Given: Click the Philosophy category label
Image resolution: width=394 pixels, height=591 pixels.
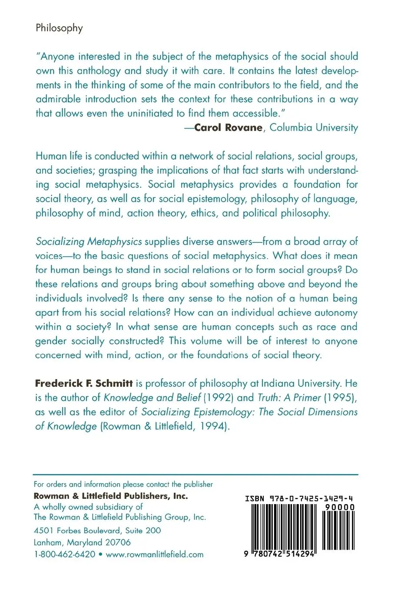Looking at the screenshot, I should click(x=59, y=28).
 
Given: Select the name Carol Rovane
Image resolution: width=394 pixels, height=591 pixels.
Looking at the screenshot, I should click(x=228, y=127).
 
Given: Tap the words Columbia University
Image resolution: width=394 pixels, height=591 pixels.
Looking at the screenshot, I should click(x=314, y=127).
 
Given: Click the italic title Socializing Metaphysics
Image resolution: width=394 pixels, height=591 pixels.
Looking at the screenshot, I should click(x=89, y=241).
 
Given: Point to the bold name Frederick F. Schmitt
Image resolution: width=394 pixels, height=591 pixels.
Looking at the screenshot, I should click(x=83, y=383).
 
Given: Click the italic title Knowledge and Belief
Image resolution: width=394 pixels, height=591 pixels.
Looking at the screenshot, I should click(x=152, y=398).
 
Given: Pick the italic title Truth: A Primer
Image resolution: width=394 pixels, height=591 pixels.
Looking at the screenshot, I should click(x=289, y=398).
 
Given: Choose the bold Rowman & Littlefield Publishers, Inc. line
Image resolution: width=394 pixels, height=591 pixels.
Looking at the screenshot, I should click(x=111, y=496).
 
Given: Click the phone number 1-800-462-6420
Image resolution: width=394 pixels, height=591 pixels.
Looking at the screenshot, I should click(x=65, y=554).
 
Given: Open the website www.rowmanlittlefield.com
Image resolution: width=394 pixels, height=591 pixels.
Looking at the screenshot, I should click(x=155, y=554).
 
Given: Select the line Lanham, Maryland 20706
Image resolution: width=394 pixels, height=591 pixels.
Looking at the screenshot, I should click(x=82, y=542).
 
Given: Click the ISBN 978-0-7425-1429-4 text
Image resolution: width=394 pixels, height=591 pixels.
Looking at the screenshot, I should click(x=299, y=498).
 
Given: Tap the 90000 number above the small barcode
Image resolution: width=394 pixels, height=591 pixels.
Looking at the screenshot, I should click(x=340, y=507).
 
